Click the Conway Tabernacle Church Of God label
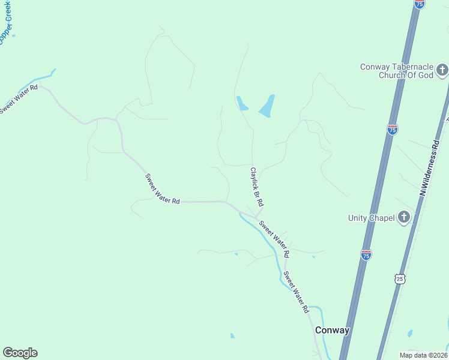pos(396,71)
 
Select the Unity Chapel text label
pos(371,218)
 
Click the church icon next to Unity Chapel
pos(404,217)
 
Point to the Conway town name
pos(333,330)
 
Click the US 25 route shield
pos(400,278)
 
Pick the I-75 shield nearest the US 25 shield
pos(366,255)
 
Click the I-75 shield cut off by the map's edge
pos(420,4)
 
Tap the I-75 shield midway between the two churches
pos(392,130)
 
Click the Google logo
pos(20,353)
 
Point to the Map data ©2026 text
pos(423,355)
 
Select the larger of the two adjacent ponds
pos(267,106)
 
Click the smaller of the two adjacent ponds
pos(242,103)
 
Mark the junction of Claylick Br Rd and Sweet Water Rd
pos(256,216)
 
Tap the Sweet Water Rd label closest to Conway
pos(296,292)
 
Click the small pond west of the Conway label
pos(232,336)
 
